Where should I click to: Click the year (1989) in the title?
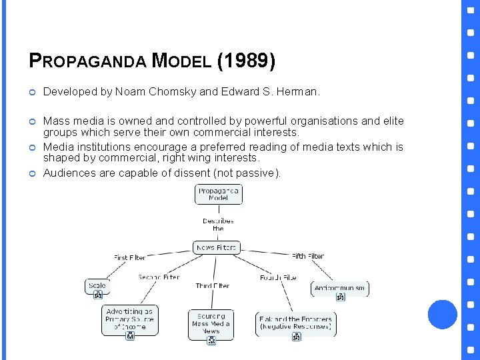[x=246, y=61]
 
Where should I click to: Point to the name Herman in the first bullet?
[x=299, y=92]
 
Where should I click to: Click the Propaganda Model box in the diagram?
[x=218, y=194]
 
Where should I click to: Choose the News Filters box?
[x=216, y=247]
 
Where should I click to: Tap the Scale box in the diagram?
[x=97, y=286]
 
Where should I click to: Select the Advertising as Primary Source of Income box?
[x=129, y=319]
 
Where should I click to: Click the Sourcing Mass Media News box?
[x=211, y=323]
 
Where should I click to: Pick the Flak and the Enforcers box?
[x=295, y=323]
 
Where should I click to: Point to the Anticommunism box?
[x=340, y=288]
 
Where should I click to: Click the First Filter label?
[x=129, y=257]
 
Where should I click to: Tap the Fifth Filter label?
[x=308, y=256]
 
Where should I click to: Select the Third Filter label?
[x=213, y=285]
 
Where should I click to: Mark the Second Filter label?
[x=159, y=277]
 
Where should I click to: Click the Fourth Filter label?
[x=278, y=277]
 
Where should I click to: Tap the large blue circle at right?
[x=442, y=314]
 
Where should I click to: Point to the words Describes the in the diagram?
[x=218, y=224]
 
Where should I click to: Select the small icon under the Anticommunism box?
[x=340, y=297]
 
